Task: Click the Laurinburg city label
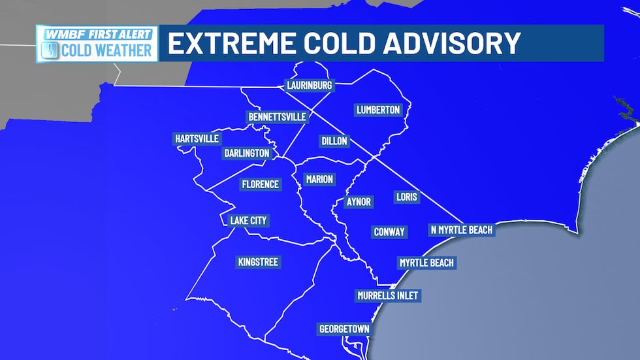310,86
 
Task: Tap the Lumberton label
378,110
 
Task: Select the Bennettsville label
277,117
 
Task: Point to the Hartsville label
197,139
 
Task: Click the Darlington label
246,153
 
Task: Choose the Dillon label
334,141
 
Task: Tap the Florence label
260,184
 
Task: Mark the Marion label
319,179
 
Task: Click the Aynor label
358,202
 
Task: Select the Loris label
406,196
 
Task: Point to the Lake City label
248,221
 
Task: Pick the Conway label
389,232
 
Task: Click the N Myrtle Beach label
461,230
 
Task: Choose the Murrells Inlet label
387,296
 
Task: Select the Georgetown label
344,329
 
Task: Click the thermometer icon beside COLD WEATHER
50,50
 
